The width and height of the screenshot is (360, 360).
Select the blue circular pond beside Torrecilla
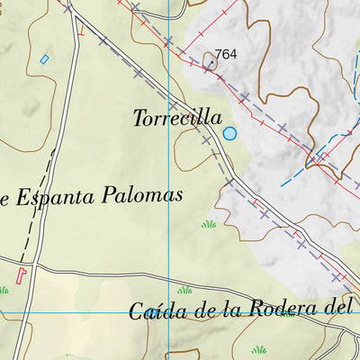(x=229, y=134)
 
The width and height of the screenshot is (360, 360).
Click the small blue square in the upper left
(x=44, y=59)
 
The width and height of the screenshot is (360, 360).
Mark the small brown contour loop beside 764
(x=210, y=61)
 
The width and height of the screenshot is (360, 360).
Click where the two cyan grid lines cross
(x=169, y=313)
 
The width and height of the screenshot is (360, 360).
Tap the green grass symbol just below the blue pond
(x=209, y=223)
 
